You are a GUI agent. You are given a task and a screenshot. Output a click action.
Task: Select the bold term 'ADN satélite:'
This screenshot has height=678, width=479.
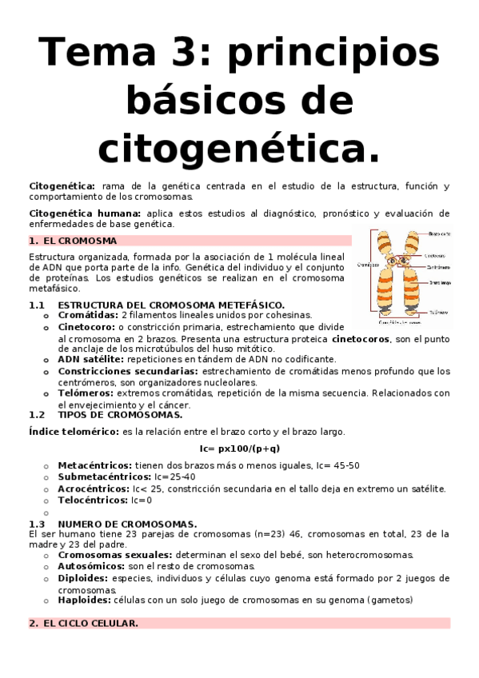[91, 360]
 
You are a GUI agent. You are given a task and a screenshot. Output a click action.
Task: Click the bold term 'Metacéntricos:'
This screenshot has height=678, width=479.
[96, 465]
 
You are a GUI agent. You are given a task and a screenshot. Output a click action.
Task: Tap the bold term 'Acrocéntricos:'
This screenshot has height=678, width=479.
[94, 489]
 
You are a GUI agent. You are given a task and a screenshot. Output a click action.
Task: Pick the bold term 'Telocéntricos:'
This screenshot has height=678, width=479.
[93, 500]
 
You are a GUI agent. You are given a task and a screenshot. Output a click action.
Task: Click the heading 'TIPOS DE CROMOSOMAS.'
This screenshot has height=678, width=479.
[120, 415]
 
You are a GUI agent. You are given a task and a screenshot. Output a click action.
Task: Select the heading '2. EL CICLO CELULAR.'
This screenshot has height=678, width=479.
[83, 623]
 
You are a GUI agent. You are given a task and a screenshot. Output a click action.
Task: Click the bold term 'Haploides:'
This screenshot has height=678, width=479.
[87, 600]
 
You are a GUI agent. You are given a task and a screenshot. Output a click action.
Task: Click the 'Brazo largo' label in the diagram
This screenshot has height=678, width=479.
[441, 282]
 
